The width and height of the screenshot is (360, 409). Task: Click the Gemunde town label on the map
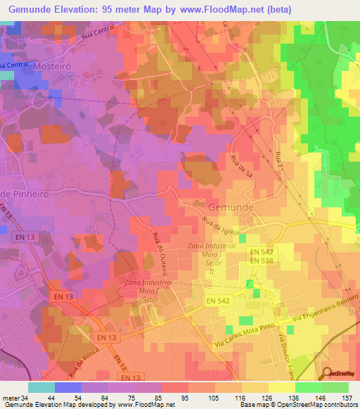229,207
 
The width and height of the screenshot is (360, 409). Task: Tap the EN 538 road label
263,261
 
